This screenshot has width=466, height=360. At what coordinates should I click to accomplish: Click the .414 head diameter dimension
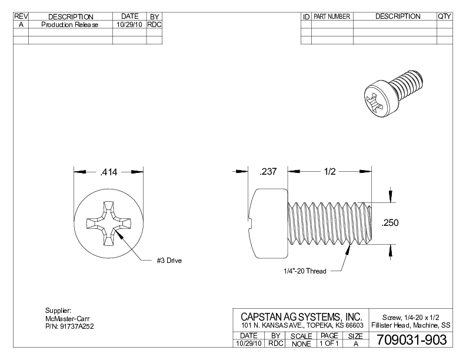pyautogui.click(x=108, y=172)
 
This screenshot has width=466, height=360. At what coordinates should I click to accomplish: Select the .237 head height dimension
pyautogui.click(x=268, y=172)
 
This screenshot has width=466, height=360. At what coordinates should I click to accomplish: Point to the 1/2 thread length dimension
pyautogui.click(x=329, y=172)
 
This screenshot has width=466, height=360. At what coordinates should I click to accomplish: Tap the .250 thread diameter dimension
pyautogui.click(x=390, y=222)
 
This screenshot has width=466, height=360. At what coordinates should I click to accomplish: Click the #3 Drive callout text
pyautogui.click(x=169, y=261)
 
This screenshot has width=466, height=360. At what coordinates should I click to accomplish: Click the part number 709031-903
pyautogui.click(x=411, y=340)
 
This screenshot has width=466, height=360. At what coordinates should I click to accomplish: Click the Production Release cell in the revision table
pyautogui.click(x=71, y=25)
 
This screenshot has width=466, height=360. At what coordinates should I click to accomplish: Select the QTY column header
pyautogui.click(x=444, y=16)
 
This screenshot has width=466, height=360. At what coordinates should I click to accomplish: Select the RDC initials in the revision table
pyautogui.click(x=154, y=25)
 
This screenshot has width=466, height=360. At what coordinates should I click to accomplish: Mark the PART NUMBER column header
pyautogui.click(x=332, y=16)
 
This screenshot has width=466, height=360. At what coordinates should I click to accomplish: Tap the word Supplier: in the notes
pyautogui.click(x=58, y=310)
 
